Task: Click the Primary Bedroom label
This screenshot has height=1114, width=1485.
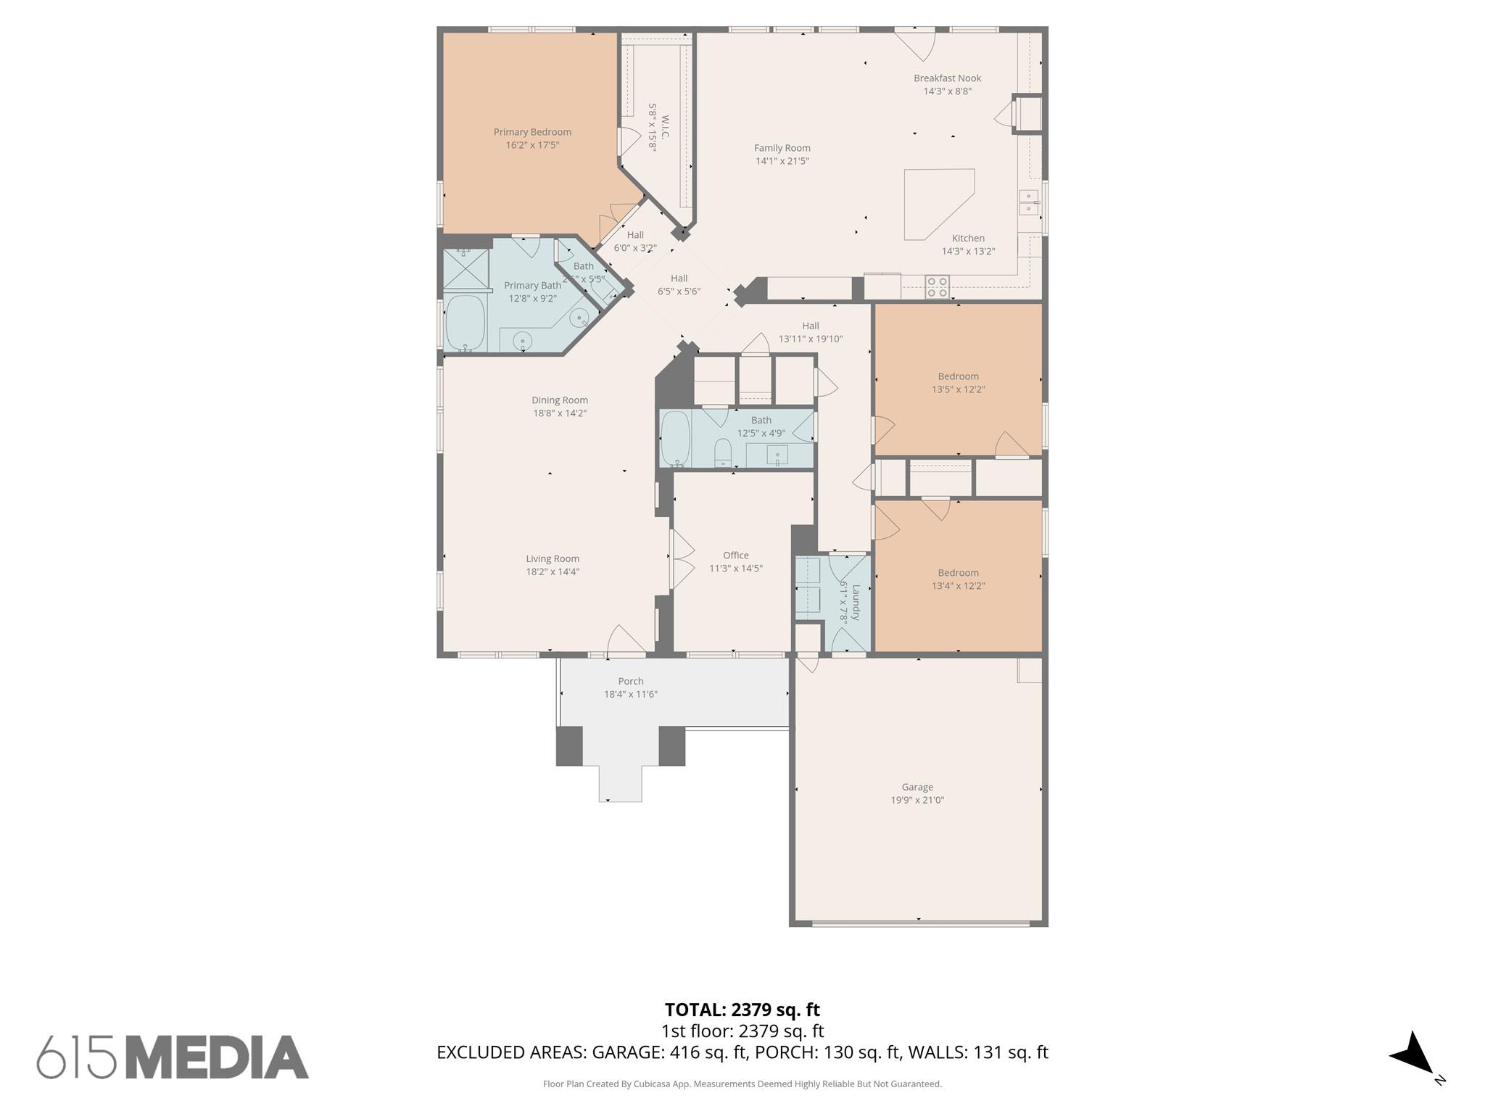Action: pyautogui.click(x=532, y=132)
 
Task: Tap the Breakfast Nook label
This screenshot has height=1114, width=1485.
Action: pyautogui.click(x=947, y=78)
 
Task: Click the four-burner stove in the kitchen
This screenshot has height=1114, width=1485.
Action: pyautogui.click(x=937, y=286)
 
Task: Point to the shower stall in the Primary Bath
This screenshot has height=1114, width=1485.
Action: pyautogui.click(x=465, y=269)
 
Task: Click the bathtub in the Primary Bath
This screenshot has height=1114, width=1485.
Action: pyautogui.click(x=465, y=323)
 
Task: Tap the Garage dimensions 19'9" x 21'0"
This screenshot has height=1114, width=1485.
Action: pyautogui.click(x=917, y=800)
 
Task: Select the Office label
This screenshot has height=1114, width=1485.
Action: pyautogui.click(x=735, y=556)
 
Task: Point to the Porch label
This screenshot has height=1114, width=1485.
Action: pyautogui.click(x=630, y=681)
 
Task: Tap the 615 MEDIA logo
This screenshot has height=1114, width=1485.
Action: pyautogui.click(x=173, y=1057)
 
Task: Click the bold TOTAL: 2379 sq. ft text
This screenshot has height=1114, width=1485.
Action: pyautogui.click(x=742, y=1010)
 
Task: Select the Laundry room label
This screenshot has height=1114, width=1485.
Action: pyautogui.click(x=856, y=602)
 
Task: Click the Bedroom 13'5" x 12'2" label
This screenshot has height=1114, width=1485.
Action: pyautogui.click(x=958, y=376)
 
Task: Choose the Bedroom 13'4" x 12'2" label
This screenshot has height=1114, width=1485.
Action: pyautogui.click(x=958, y=573)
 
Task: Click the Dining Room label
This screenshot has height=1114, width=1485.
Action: pyautogui.click(x=559, y=400)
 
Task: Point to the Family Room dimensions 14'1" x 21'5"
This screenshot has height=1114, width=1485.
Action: pyautogui.click(x=782, y=161)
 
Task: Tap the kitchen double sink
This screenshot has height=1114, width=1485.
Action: pyautogui.click(x=1027, y=202)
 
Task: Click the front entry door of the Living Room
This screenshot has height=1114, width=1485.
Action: pyautogui.click(x=625, y=640)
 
